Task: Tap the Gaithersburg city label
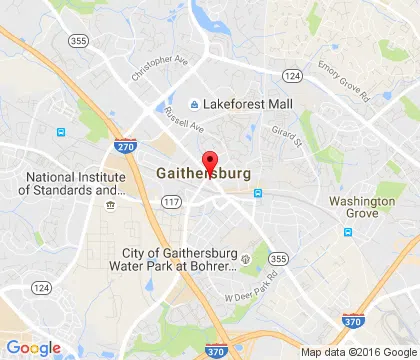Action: coord(203,172)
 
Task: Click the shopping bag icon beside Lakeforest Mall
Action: coord(194,104)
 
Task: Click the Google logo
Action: coord(33,347)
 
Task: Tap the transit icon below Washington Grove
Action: coord(348,232)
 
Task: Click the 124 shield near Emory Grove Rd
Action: coord(291,75)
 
